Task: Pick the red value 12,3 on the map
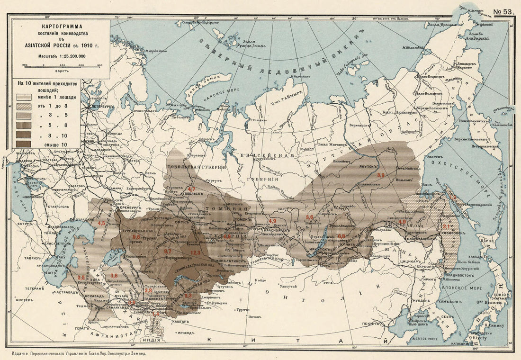(196, 252)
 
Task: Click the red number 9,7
(168, 251)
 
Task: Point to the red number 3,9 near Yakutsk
(381, 176)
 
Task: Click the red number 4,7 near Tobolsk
(192, 189)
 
